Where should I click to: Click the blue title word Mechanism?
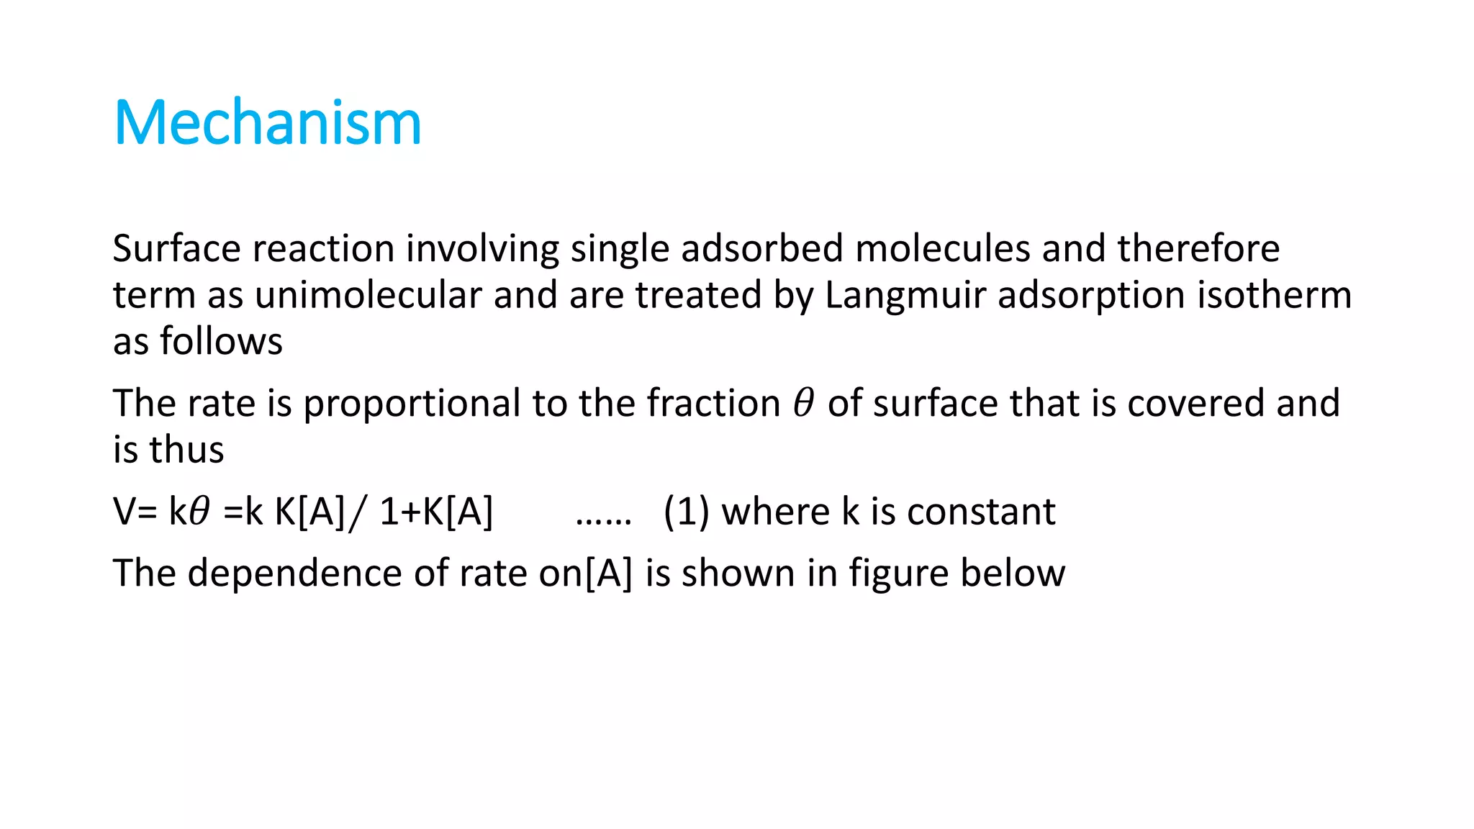point(267,123)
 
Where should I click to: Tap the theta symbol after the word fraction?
point(803,403)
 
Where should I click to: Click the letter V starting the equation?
point(125,512)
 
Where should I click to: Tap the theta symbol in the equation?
point(199,512)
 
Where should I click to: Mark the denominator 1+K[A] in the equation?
point(436,512)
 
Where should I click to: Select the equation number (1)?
point(686,512)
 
